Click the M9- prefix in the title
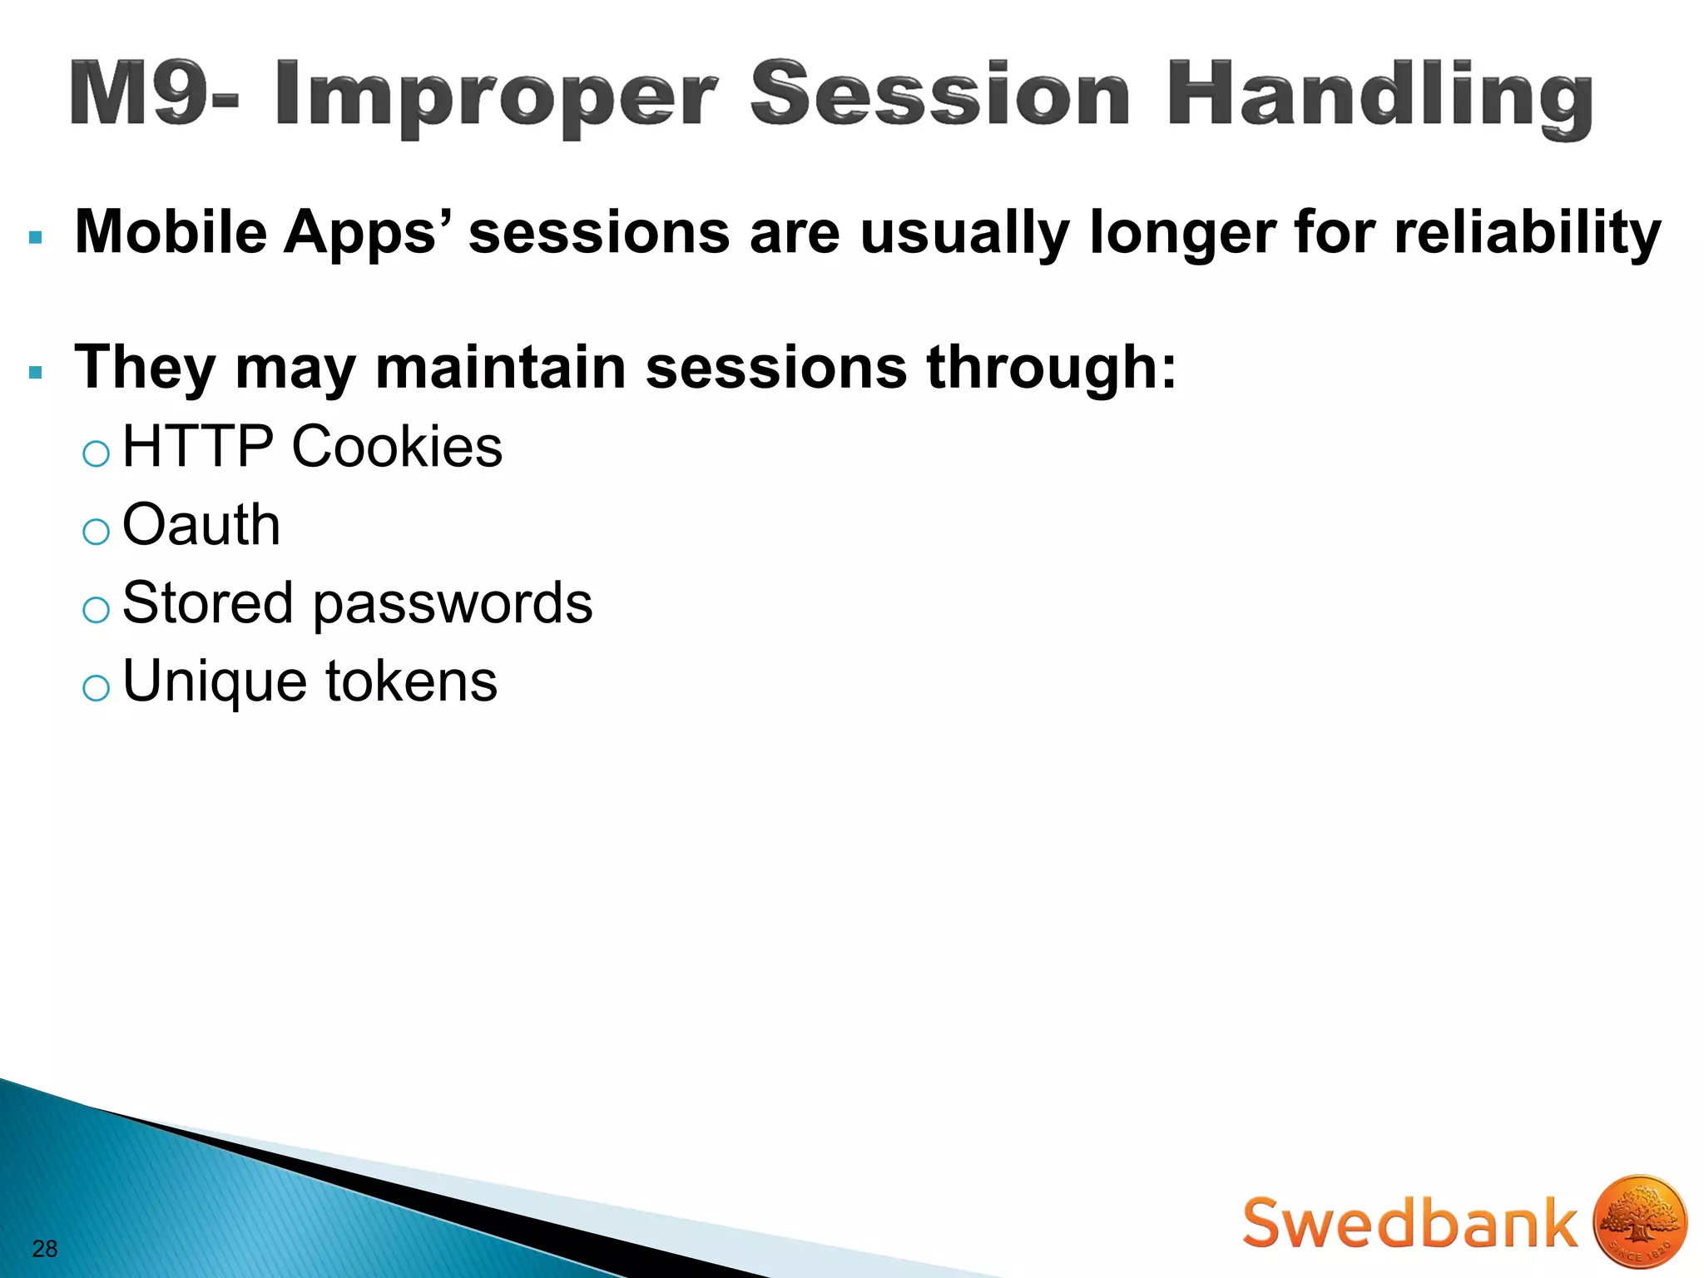[154, 93]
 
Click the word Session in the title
[940, 93]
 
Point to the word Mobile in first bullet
[171, 231]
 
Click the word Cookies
[397, 447]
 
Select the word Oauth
[201, 525]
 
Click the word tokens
[411, 681]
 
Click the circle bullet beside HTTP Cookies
[97, 453]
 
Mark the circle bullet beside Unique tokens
[97, 688]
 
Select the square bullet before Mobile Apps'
[35, 238]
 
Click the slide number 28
[45, 1248]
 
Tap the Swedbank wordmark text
[1409, 1223]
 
